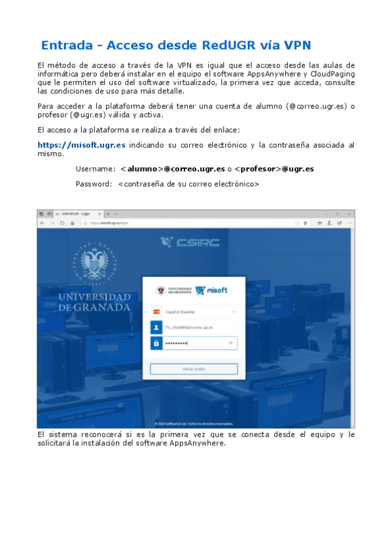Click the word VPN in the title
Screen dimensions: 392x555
[298, 46]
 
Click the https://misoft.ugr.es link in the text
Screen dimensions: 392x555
[82, 145]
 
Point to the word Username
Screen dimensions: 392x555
[95, 169]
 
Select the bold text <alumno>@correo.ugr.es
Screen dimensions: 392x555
[173, 169]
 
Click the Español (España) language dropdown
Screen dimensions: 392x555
[194, 312]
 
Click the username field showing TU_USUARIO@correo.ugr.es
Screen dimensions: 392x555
[200, 327]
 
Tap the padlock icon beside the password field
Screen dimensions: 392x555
[156, 343]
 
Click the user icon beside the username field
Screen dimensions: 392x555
[156, 327]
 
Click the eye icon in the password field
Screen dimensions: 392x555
[231, 343]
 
